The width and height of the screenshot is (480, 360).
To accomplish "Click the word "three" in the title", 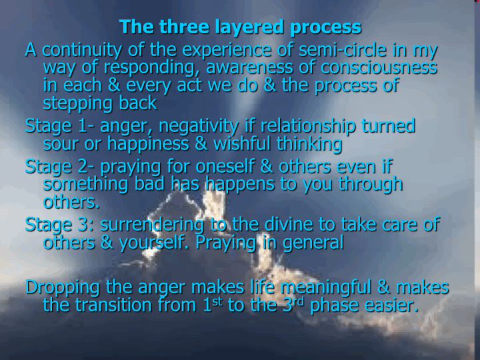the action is [x=184, y=27].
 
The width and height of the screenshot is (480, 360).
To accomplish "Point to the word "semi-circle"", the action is [x=343, y=50].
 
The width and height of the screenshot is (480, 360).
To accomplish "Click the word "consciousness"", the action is [x=379, y=67].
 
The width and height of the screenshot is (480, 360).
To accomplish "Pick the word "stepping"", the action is [x=79, y=104].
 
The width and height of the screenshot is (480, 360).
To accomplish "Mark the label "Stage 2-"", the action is [x=60, y=167].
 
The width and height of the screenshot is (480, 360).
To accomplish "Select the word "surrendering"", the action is [x=152, y=225].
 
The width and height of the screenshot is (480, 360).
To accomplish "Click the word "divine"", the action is [x=289, y=225].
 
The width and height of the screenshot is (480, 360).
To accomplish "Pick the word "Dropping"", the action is [x=63, y=288].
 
